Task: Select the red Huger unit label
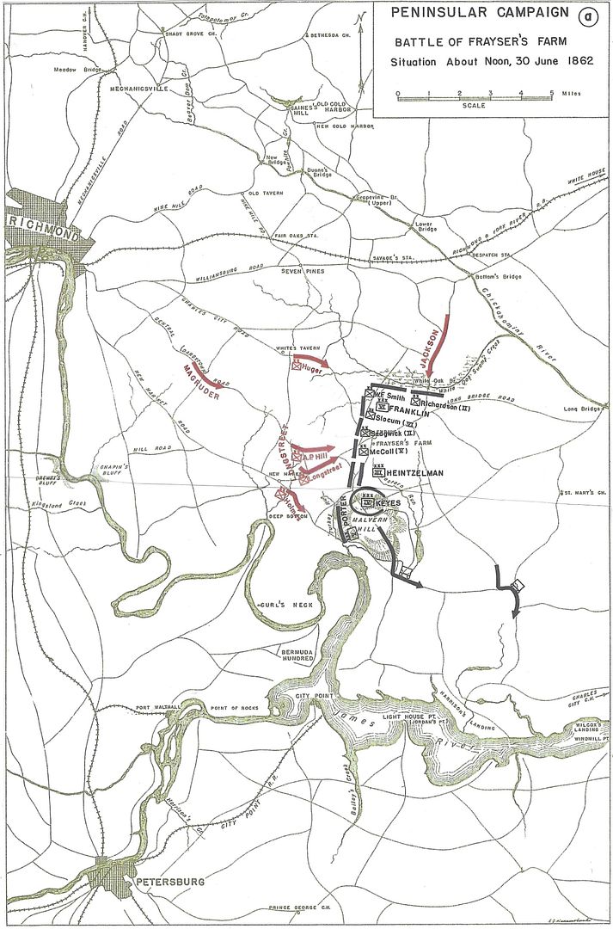tap(311, 366)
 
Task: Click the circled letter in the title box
tap(586, 16)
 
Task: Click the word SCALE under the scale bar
tap(473, 106)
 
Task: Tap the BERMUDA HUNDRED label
tap(299, 656)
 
